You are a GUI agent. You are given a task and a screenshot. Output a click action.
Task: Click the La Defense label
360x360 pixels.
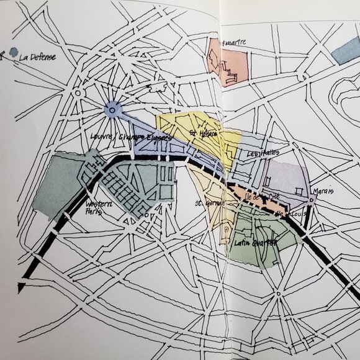point(37,57)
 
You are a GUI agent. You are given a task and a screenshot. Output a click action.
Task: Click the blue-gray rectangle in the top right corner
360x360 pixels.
point(345,52)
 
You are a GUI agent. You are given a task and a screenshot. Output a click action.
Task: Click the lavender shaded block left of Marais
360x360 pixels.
point(287,174)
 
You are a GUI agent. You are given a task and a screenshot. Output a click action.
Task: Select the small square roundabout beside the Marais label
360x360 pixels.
point(311,199)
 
